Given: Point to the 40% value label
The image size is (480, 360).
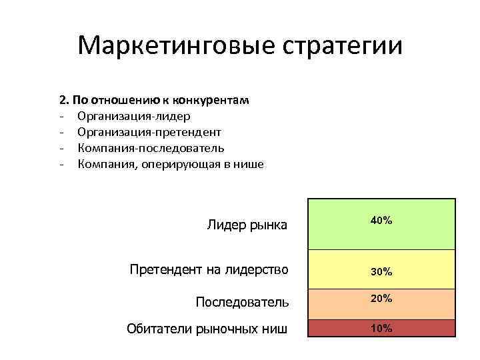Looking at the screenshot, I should point(381,220).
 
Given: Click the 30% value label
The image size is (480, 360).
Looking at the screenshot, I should point(381,272).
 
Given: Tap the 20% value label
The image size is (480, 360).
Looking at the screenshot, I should point(381,299).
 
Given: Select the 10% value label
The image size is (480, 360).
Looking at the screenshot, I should point(381,328).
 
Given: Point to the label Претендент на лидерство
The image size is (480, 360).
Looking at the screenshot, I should point(209,269).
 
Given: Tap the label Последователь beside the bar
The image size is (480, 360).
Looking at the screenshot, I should point(242,302).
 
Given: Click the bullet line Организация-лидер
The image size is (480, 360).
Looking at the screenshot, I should point(128,116).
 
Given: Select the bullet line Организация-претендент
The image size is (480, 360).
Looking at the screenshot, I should point(149,132).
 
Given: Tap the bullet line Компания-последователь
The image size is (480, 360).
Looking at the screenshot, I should point(151,148).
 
